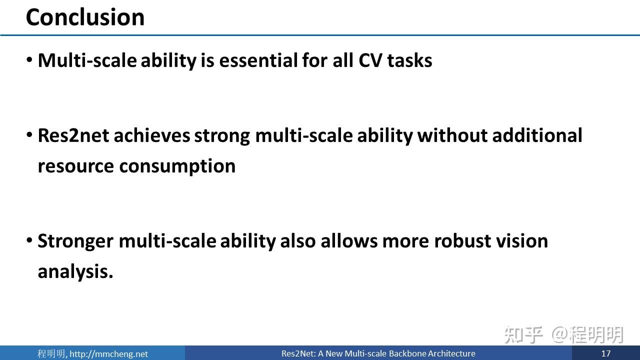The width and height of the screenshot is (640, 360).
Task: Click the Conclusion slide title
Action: [x=85, y=17]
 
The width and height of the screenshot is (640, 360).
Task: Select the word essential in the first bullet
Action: [x=258, y=60]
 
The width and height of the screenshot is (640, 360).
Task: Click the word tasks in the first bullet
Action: [x=409, y=60]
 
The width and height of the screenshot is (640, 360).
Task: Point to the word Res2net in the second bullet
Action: [x=73, y=135]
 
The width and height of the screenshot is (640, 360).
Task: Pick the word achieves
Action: [x=151, y=135]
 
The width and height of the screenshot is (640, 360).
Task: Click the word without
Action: [x=452, y=135]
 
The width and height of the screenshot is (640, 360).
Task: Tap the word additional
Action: [x=537, y=135]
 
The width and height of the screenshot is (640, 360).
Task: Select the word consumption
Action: [x=177, y=167]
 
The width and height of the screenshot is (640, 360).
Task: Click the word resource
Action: [x=75, y=167]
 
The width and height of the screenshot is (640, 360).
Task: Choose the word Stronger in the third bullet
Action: [x=75, y=241]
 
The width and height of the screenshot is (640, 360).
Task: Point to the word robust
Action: [x=462, y=241]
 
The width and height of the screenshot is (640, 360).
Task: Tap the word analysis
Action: [x=75, y=271]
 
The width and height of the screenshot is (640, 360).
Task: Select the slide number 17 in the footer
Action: [x=605, y=353]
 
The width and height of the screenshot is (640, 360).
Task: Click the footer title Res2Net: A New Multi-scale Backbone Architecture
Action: [x=378, y=353]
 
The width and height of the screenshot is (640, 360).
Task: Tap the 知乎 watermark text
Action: [x=523, y=335]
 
